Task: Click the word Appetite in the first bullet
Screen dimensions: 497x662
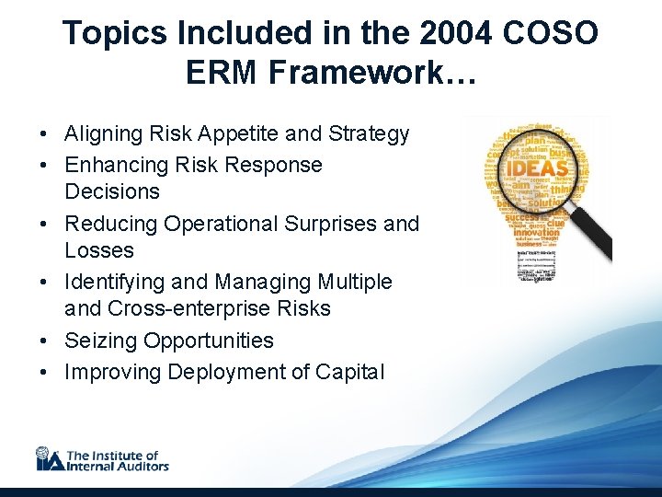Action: [236, 134]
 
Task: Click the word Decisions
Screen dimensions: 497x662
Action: [112, 192]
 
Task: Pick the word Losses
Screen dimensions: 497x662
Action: [99, 250]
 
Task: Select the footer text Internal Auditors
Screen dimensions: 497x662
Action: [118, 466]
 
